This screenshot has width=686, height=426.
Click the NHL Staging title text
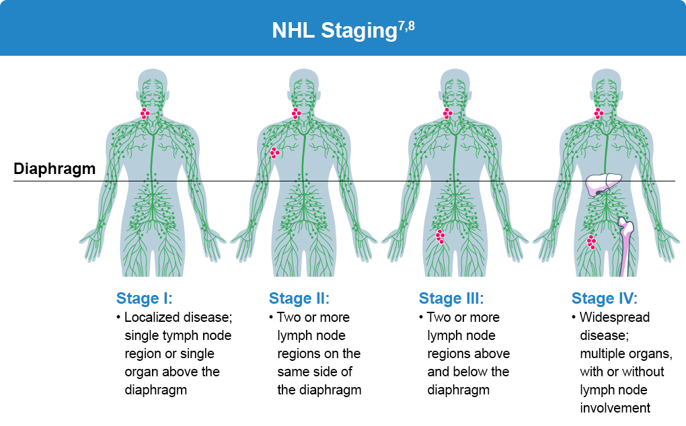[x=335, y=31]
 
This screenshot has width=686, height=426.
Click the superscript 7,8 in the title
[x=406, y=27]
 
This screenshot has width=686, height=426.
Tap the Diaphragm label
[x=54, y=169]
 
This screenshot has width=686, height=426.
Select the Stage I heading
[x=145, y=298]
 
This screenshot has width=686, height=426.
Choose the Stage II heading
[x=299, y=298]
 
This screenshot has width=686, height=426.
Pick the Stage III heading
[x=451, y=298]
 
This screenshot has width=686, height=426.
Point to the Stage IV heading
[x=605, y=298]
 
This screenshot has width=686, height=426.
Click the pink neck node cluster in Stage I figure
[x=145, y=114]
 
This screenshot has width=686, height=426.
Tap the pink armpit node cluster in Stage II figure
[x=275, y=153]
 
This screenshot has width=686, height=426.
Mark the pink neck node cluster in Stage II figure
[x=297, y=114]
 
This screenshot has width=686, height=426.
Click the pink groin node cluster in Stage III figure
[x=440, y=237]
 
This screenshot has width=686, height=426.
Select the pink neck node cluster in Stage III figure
[x=447, y=114]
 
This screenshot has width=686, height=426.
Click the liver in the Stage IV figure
[x=603, y=184]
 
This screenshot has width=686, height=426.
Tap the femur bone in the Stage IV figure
[x=625, y=247]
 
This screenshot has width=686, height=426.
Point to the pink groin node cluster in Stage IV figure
[x=591, y=242]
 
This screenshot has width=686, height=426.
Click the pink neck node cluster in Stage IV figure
[x=599, y=114]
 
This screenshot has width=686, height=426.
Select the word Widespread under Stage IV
[x=615, y=317]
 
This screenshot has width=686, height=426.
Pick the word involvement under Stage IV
[x=615, y=408]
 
